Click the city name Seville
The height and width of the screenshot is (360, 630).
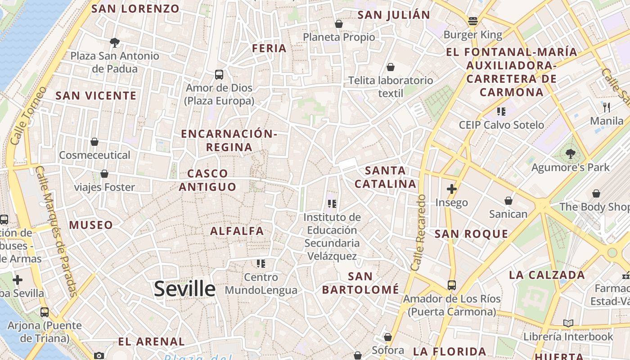click(184, 288)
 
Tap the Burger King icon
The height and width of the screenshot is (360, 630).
click(472, 21)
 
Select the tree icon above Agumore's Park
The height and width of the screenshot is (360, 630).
click(570, 154)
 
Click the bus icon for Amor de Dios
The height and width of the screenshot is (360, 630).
click(219, 74)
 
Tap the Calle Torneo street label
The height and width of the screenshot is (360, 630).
click(28, 116)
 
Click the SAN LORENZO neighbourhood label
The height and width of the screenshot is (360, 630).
click(135, 9)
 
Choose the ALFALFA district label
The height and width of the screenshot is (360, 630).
click(237, 231)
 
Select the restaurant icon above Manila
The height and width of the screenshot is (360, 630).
click(606, 107)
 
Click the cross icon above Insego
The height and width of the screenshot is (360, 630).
click(451, 189)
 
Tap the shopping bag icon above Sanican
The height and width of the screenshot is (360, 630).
click(508, 201)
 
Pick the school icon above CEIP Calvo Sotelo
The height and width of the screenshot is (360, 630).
click(501, 111)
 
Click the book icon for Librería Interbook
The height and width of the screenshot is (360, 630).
click(568, 323)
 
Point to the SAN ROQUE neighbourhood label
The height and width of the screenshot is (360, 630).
click(471, 234)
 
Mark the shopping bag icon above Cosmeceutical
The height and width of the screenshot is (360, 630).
click(94, 142)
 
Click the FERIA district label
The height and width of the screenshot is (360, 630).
click(269, 48)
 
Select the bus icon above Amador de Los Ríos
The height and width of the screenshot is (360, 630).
click(451, 285)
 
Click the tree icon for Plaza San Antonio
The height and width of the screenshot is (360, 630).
click(115, 43)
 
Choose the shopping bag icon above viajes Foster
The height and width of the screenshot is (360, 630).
click(104, 174)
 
